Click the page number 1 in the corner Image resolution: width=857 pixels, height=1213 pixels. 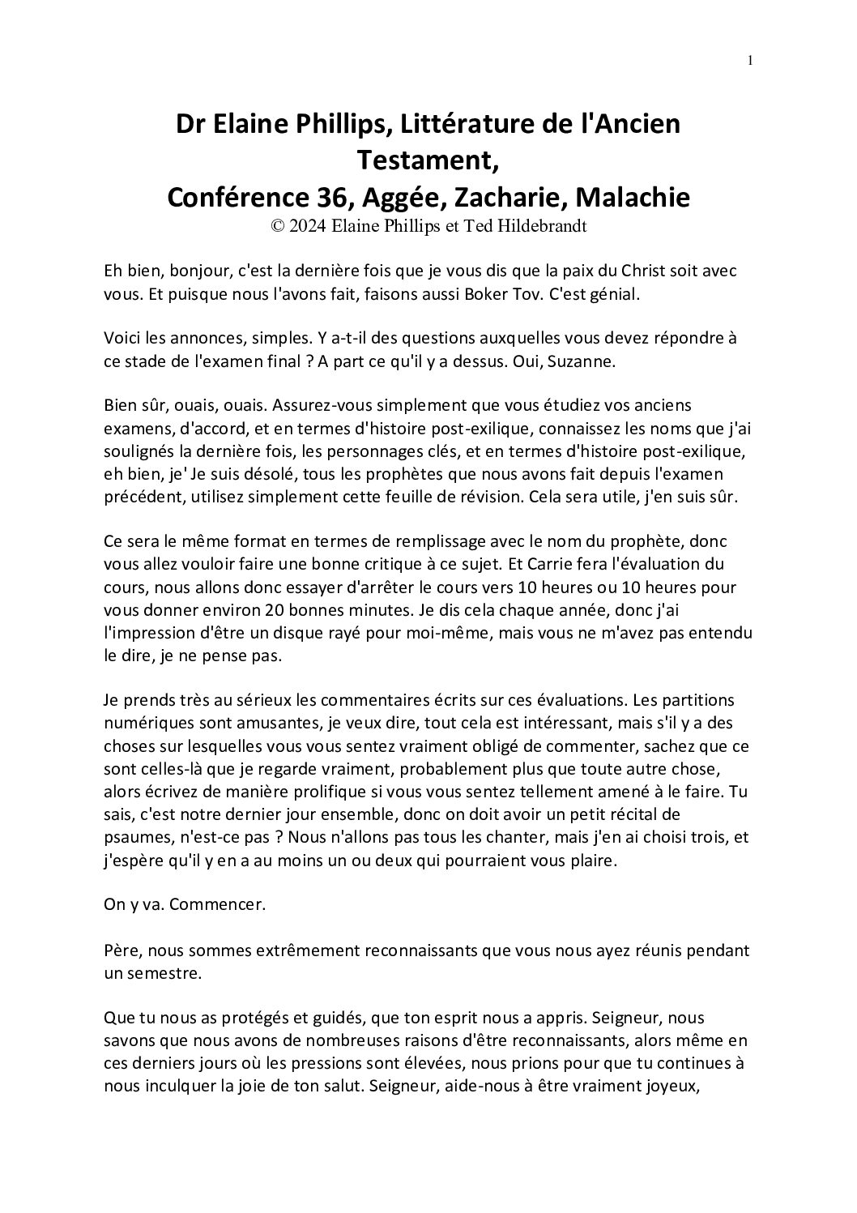point(751,59)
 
